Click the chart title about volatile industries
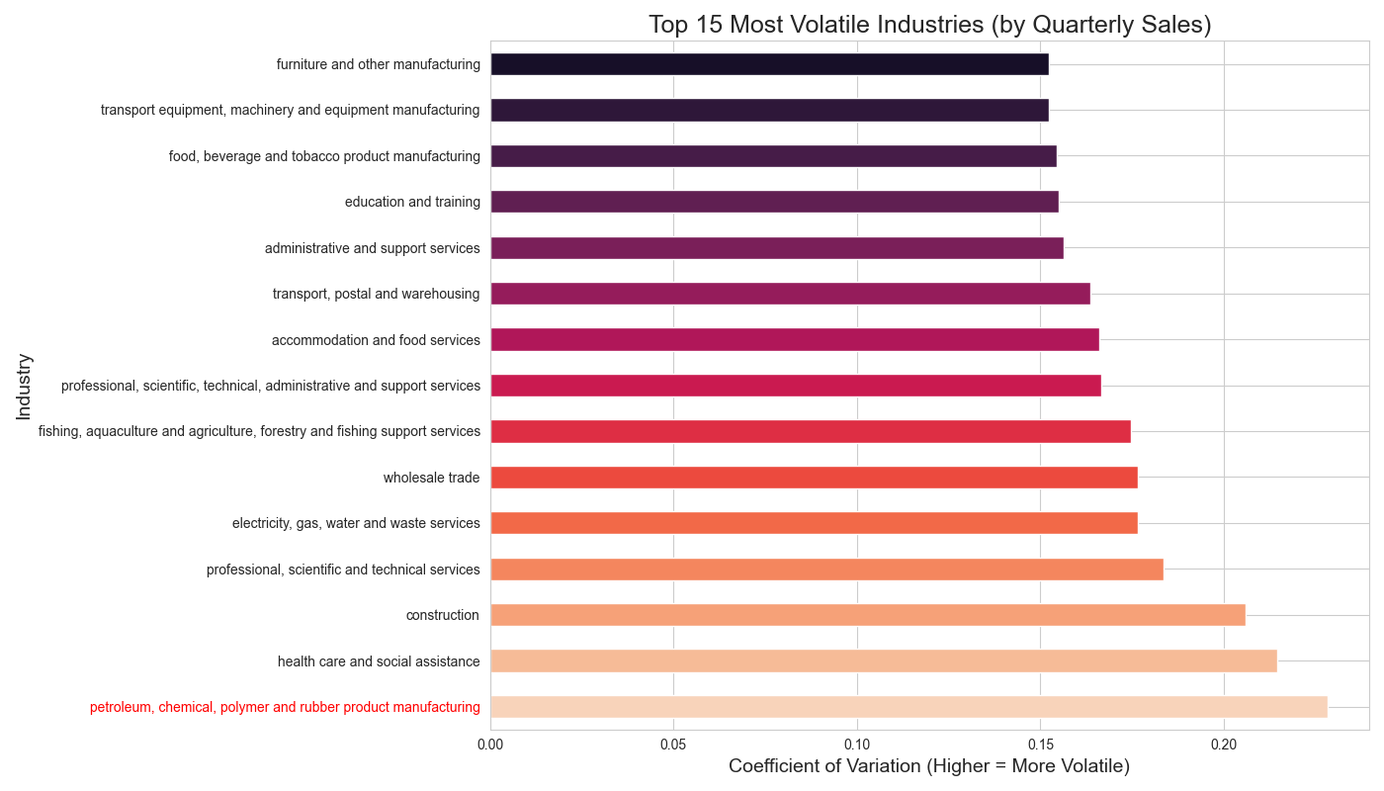[929, 25]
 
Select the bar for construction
[867, 615]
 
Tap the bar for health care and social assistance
[883, 660]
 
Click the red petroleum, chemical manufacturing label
[285, 707]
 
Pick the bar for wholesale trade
[814, 478]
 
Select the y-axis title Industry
[24, 386]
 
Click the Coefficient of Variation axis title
[928, 766]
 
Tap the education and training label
[412, 202]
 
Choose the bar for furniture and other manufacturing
[769, 64]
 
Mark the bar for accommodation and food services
[794, 339]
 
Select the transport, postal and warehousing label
[376, 294]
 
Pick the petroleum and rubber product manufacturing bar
[908, 706]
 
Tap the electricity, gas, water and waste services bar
[814, 523]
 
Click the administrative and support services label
[372, 248]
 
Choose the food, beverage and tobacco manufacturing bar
[773, 156]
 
